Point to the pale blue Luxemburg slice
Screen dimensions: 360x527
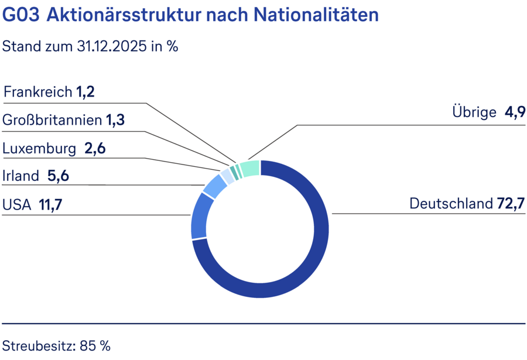[x=227, y=176]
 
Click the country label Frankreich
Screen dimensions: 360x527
[x=38, y=92]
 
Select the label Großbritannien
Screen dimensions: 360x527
[x=52, y=121]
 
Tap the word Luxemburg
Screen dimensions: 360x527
[x=39, y=149]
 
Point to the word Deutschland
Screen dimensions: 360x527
[x=451, y=204]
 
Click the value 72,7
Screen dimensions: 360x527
[x=511, y=204]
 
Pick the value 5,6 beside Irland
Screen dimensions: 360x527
[x=59, y=176]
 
